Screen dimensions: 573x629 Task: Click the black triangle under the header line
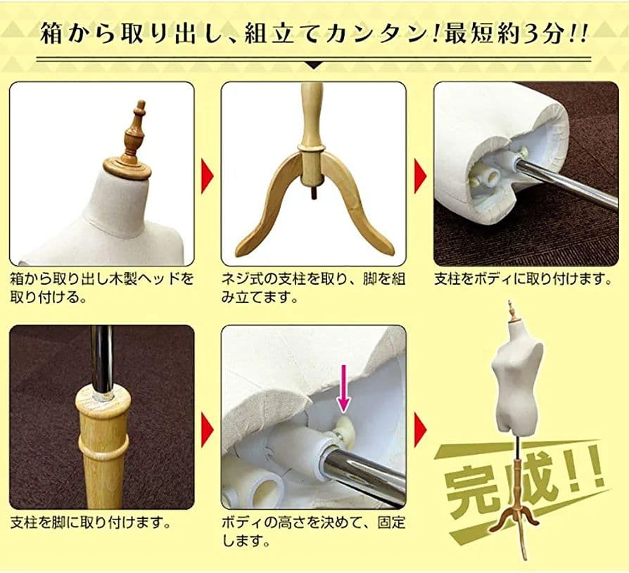point(314,65)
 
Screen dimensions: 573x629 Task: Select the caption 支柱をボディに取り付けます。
point(521,279)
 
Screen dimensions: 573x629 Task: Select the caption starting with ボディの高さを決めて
point(313,532)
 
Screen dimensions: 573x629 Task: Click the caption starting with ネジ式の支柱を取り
point(313,288)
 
